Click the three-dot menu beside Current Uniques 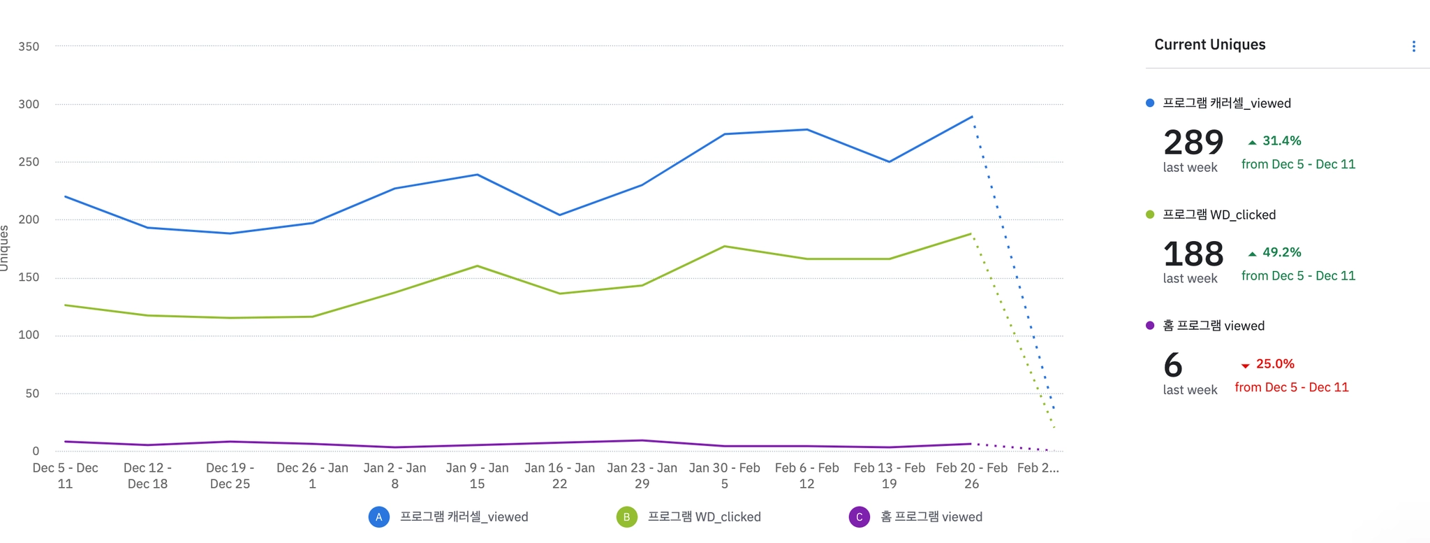[x=1413, y=46]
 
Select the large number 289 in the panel [x=1193, y=143]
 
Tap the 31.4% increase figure [x=1281, y=140]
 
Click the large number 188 [x=1193, y=254]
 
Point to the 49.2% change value [x=1281, y=252]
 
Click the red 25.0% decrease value [x=1274, y=363]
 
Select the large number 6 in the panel [x=1173, y=365]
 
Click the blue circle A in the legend [x=378, y=517]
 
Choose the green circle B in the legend [x=626, y=517]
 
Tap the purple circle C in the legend [x=859, y=517]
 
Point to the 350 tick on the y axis [x=29, y=47]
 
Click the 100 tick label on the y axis [x=29, y=335]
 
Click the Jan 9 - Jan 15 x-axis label [x=477, y=476]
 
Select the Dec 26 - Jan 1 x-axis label [x=312, y=476]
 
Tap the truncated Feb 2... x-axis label [x=1038, y=468]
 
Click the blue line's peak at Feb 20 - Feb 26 [x=971, y=117]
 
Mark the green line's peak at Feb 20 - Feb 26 [x=971, y=234]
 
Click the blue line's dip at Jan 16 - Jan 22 [x=559, y=215]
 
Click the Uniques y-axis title [x=5, y=248]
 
